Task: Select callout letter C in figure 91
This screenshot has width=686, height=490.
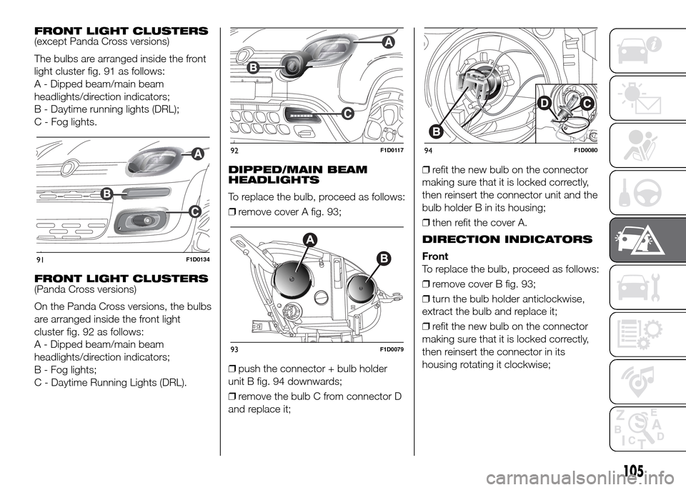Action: click(x=194, y=211)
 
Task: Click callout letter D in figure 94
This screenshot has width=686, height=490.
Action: click(x=545, y=106)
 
